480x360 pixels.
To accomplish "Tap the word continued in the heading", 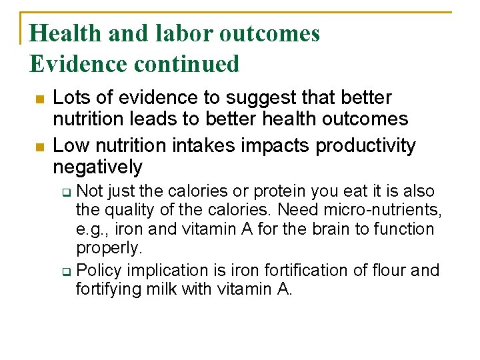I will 188,64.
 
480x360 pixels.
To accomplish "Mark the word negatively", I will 97,167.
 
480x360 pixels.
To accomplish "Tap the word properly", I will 109,248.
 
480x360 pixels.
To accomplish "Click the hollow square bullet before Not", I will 67,193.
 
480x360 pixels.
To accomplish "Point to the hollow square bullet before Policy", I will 67,271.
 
